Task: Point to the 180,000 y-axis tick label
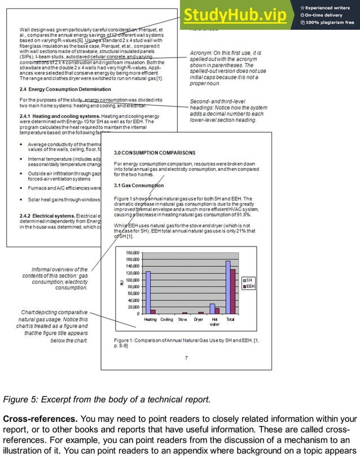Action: [x=131, y=253]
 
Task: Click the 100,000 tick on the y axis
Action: [x=131, y=280]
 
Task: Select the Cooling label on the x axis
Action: [x=166, y=319]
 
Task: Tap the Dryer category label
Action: [x=199, y=319]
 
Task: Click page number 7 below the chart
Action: [x=186, y=358]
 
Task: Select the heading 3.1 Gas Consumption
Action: [x=139, y=185]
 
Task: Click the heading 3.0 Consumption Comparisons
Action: [x=155, y=153]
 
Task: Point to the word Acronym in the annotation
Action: [x=203, y=53]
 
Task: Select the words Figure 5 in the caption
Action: [x=21, y=400]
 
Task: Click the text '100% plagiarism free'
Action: [x=330, y=23]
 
